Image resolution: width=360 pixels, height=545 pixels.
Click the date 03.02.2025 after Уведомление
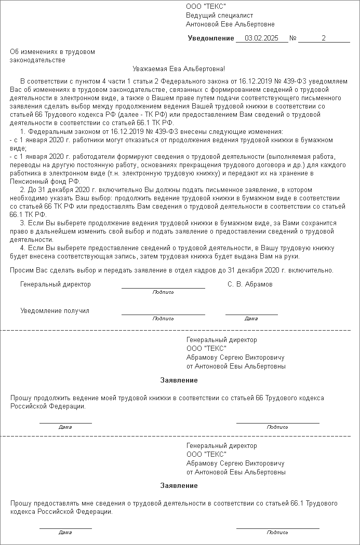261,38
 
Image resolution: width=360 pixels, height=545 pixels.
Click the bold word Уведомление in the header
211,38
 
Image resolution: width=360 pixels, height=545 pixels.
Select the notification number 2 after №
324,38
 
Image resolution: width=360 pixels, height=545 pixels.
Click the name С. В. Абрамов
250,284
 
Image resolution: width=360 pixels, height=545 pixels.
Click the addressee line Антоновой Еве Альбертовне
230,24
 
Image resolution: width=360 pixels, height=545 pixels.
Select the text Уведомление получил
55,311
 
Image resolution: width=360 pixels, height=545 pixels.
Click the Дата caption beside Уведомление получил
251,319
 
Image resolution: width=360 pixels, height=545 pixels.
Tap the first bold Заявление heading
179,380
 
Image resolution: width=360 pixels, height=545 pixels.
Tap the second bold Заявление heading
179,485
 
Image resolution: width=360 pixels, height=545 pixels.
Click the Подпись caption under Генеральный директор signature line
163,292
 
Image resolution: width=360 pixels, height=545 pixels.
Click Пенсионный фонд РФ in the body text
45,181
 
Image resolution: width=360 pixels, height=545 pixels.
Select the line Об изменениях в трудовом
52,52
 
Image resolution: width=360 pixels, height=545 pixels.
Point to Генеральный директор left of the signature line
56,284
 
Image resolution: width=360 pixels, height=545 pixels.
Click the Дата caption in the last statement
65,533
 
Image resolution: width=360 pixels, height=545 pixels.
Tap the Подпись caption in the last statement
277,533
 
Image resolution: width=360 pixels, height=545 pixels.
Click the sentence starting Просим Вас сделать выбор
172,270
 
